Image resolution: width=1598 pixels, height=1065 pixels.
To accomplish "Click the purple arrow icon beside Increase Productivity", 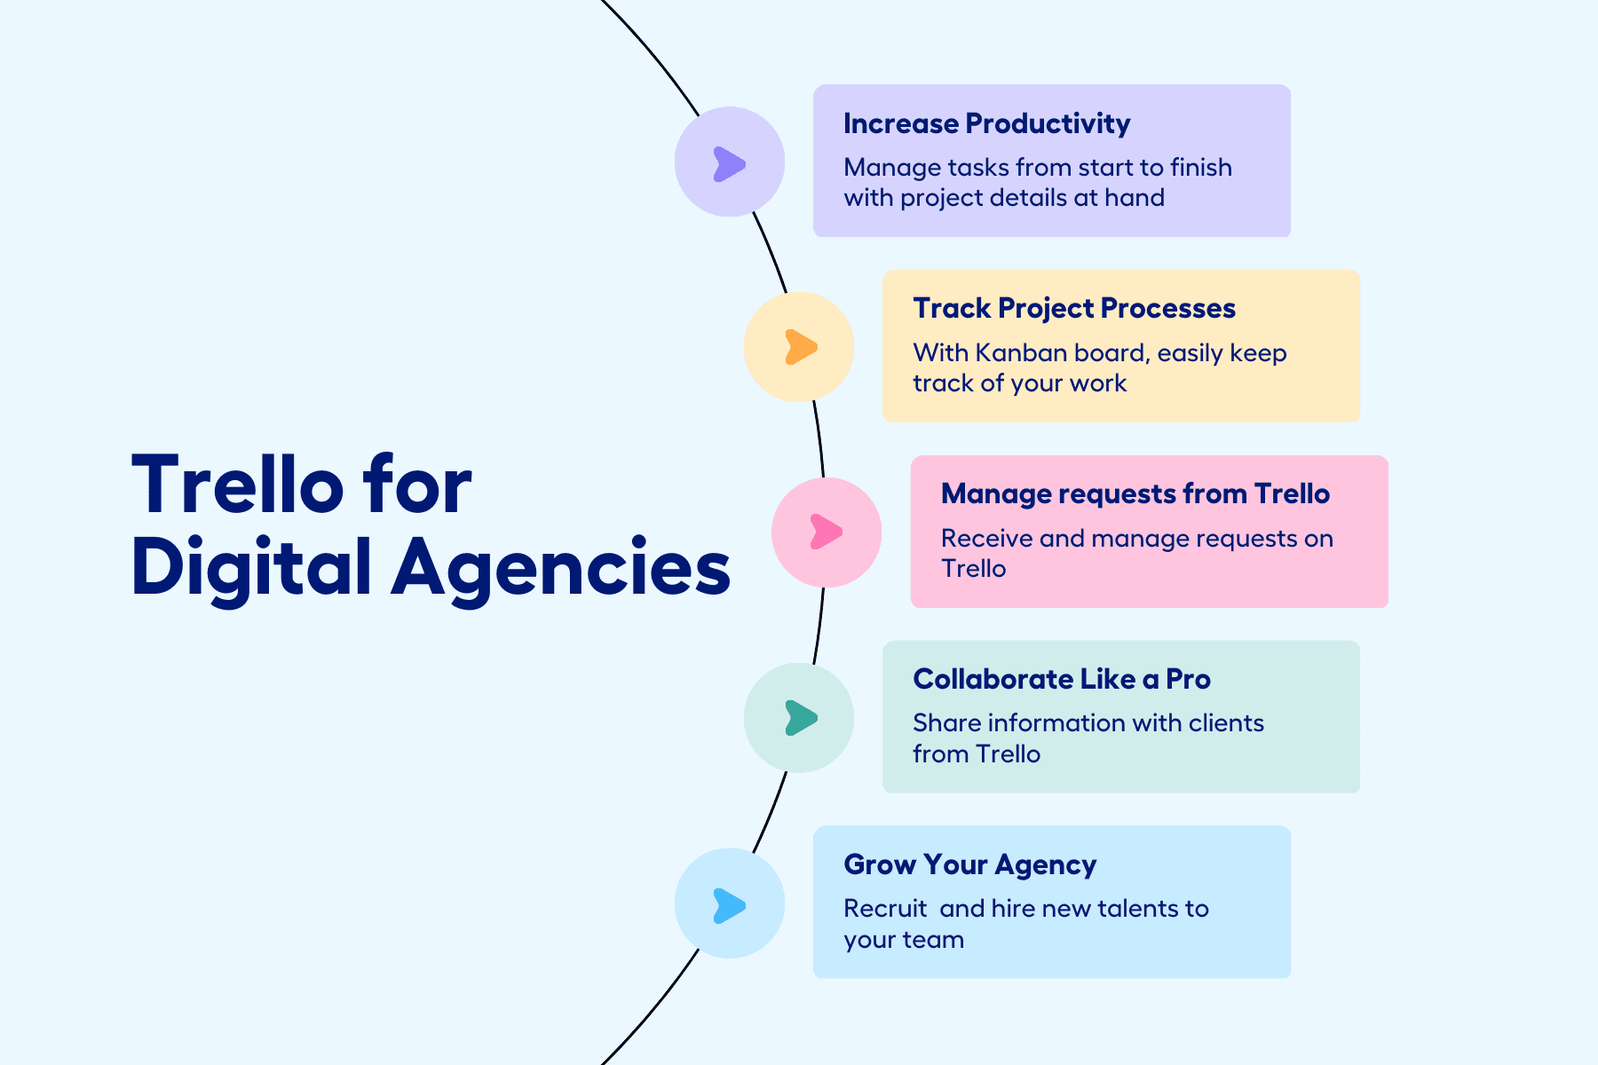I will (729, 164).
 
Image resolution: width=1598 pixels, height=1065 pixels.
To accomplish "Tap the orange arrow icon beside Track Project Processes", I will (800, 347).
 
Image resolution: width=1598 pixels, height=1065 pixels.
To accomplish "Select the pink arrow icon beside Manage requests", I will (826, 532).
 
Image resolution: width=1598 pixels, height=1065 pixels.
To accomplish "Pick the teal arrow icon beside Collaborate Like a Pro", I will (800, 718).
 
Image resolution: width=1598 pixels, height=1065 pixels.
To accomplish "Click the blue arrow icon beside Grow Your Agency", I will (729, 906).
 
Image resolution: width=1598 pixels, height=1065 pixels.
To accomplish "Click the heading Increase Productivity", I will (986, 123).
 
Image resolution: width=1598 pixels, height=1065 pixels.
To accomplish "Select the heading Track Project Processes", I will (1073, 308).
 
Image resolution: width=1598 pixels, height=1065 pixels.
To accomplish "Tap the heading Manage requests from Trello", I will (1135, 493).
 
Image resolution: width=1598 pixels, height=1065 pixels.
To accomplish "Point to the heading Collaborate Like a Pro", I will (1061, 679).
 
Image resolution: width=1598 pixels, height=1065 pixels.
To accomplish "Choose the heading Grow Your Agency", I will (969, 864).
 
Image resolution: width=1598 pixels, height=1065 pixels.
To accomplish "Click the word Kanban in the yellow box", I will (1020, 353).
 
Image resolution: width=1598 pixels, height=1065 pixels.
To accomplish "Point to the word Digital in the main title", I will (251, 568).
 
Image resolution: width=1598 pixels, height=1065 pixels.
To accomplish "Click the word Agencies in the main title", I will (561, 568).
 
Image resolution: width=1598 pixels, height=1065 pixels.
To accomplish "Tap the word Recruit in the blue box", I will (884, 909).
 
